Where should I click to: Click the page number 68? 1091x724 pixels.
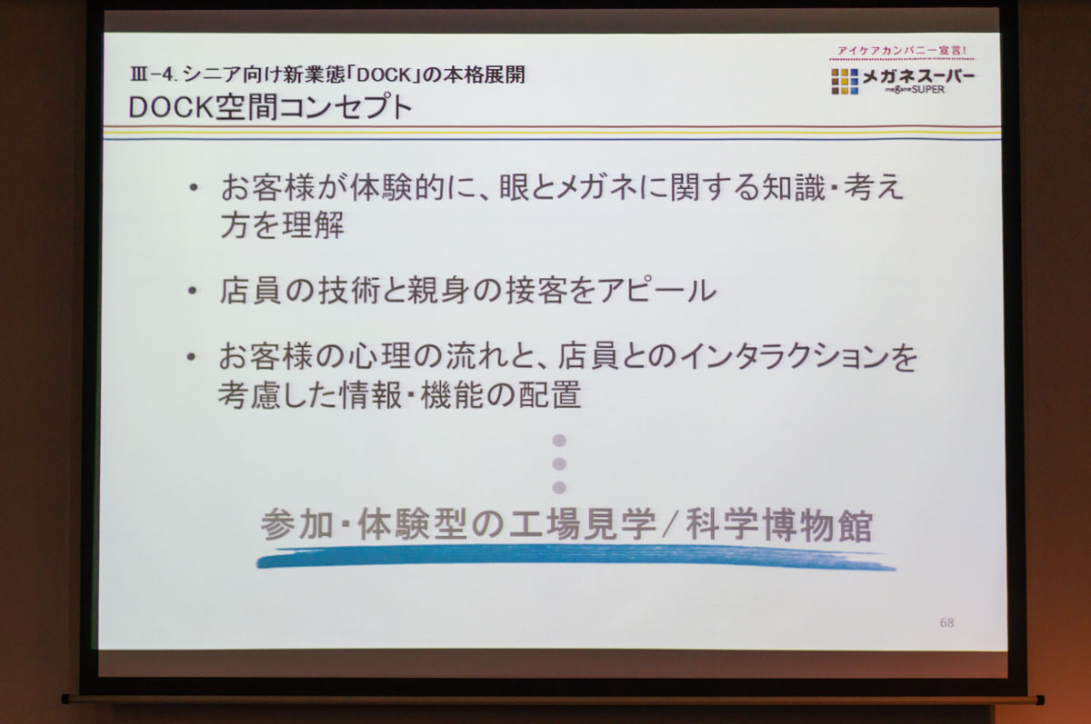pos(946,623)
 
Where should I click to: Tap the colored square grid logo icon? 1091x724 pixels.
pos(845,81)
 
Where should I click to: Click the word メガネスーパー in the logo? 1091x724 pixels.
pos(918,76)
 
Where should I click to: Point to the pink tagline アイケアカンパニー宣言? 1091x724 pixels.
pos(902,51)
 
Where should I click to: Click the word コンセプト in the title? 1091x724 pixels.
pos(346,107)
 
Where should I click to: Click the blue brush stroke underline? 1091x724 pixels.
pos(576,556)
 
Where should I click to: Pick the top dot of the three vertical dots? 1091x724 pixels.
pos(559,441)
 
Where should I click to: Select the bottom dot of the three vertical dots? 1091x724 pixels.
pos(559,487)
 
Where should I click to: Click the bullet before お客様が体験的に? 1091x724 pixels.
pos(194,187)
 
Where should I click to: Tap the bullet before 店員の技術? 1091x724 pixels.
pos(193,291)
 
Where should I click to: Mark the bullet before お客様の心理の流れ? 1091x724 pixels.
pos(191,357)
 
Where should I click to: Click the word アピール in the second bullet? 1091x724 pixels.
pos(656,291)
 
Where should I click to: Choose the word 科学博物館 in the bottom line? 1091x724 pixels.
pos(779,524)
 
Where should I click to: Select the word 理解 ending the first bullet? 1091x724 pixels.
pos(314,224)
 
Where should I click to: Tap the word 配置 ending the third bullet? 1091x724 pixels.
pos(549,394)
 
